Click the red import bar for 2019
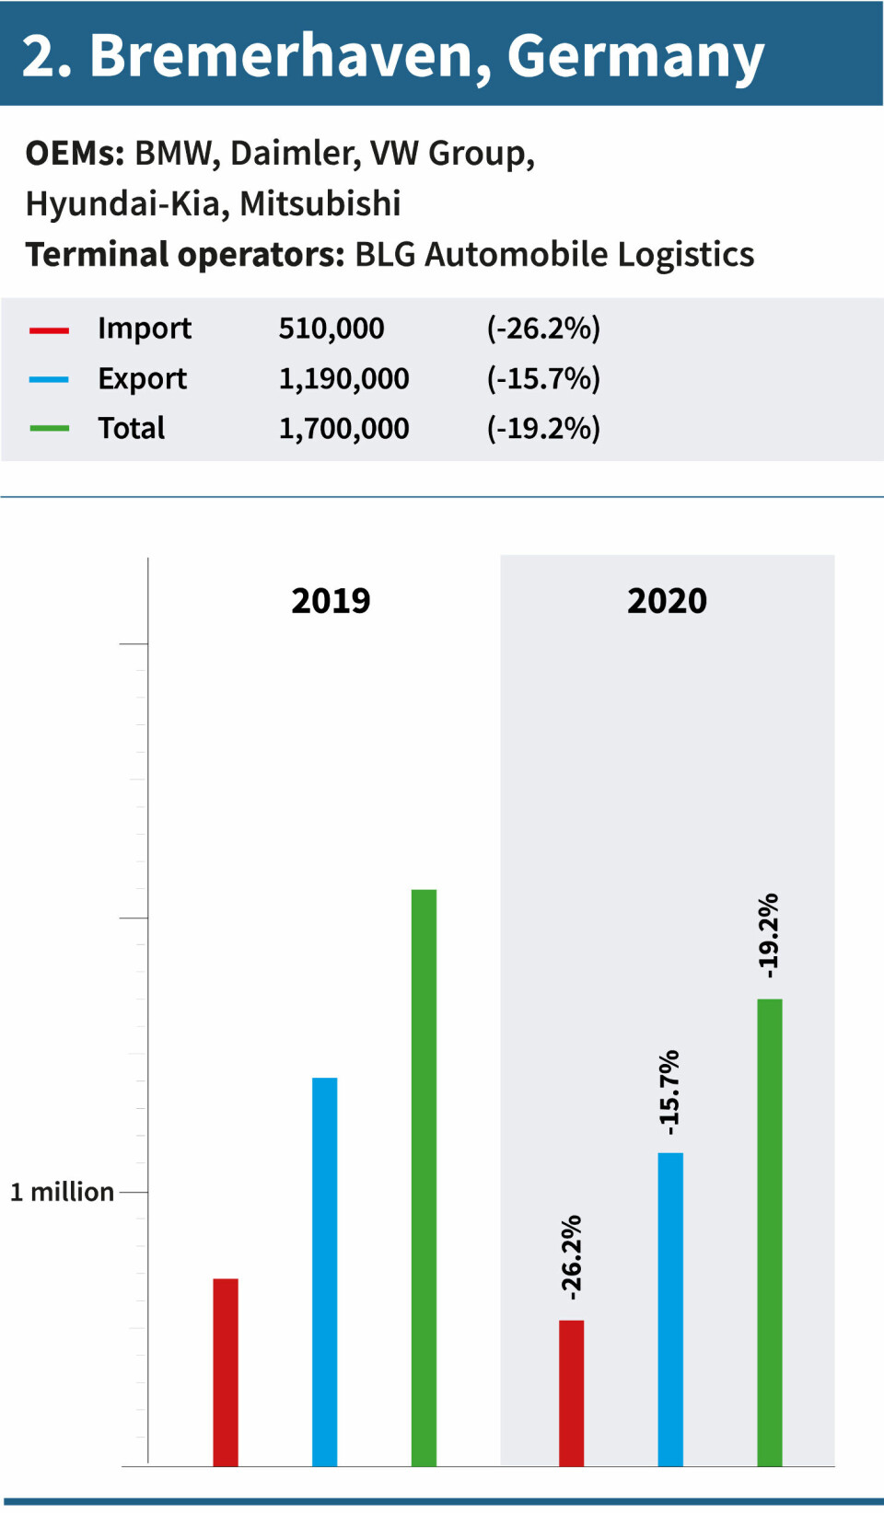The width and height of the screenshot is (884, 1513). (x=226, y=1371)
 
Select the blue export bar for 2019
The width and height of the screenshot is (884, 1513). (x=324, y=1271)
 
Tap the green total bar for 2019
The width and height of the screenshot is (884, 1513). (x=424, y=1177)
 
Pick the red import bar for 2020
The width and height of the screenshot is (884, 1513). (x=571, y=1392)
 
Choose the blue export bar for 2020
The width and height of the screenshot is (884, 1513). (x=670, y=1309)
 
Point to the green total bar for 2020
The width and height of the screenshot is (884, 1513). (x=770, y=1231)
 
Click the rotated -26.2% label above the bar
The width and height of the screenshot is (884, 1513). (x=571, y=1257)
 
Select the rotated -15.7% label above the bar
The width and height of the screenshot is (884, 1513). (x=669, y=1092)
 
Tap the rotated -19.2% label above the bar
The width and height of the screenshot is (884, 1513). (x=769, y=935)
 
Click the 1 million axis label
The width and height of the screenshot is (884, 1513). (x=63, y=1192)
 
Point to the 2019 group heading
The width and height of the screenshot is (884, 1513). (x=331, y=601)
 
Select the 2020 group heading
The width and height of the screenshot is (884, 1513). (x=667, y=601)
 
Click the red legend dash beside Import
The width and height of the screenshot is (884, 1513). (x=49, y=329)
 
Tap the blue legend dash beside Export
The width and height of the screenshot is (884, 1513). (x=49, y=379)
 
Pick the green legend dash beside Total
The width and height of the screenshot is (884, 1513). (x=49, y=429)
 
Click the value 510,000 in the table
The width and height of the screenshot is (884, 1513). (x=331, y=329)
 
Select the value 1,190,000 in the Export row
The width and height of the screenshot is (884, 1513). (x=343, y=378)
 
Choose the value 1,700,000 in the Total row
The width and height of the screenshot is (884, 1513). (x=343, y=428)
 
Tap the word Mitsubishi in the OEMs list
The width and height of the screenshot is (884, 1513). (x=320, y=203)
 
